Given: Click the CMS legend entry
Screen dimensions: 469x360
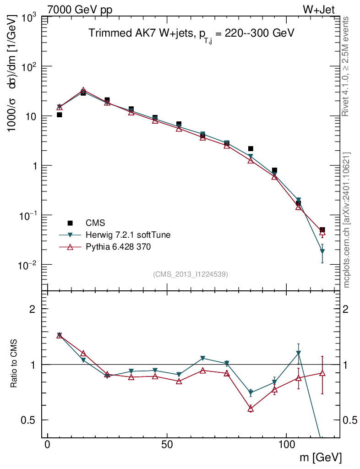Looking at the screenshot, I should pyautogui.click(x=95, y=223).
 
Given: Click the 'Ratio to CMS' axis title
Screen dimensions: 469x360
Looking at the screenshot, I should pyautogui.click(x=15, y=364).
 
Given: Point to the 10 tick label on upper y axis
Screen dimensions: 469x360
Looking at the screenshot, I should pyautogui.click(x=31, y=116).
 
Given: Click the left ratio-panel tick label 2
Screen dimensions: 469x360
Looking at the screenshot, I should pyautogui.click(x=32, y=309).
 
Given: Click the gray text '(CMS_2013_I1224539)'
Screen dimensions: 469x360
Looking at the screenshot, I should pyautogui.click(x=191, y=274).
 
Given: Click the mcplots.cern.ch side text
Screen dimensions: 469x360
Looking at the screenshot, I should pyautogui.click(x=346, y=220).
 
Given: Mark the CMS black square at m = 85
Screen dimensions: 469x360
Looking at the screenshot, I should pyautogui.click(x=251, y=148).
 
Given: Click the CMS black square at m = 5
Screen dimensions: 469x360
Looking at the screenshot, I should pyautogui.click(x=60, y=115).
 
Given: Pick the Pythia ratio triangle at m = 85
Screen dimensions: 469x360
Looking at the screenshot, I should pyautogui.click(x=251, y=408).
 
